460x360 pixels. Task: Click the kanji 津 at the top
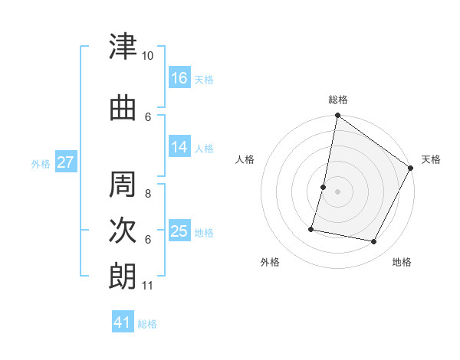click(123, 47)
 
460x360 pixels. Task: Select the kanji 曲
click(123, 109)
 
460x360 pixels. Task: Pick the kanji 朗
click(123, 276)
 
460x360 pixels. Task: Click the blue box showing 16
click(179, 78)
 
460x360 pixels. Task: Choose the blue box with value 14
click(179, 147)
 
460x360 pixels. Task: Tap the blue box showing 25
click(179, 231)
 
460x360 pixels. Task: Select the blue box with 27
click(65, 162)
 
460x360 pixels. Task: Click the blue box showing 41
click(123, 322)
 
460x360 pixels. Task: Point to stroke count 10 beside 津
click(148, 56)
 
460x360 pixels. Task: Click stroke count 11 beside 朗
click(148, 286)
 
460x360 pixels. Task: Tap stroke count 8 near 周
click(148, 185)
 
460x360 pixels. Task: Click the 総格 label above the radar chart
click(338, 100)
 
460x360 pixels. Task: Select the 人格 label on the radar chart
click(245, 159)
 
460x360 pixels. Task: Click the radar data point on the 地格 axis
click(374, 242)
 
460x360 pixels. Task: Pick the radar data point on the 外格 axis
click(312, 228)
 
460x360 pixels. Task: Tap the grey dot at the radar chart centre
click(337, 191)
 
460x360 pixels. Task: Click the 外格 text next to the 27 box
click(40, 163)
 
